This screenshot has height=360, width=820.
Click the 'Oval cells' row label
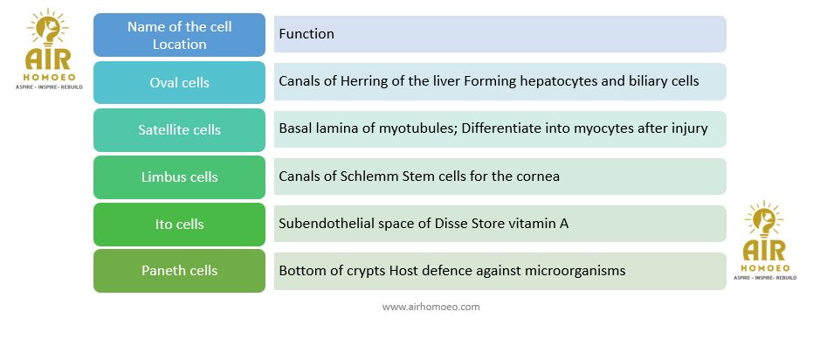(179, 83)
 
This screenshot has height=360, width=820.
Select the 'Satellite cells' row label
(179, 130)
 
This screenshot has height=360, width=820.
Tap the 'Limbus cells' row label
(179, 177)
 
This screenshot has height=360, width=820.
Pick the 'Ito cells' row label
(179, 224)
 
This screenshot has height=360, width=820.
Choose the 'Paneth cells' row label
(179, 271)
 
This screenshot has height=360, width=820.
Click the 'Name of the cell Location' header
(179, 35)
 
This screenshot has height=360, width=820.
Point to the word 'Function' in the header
(307, 34)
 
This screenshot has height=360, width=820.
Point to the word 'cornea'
(541, 177)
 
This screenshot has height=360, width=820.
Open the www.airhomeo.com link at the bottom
(431, 307)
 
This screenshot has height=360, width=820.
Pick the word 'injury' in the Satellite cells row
(691, 129)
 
